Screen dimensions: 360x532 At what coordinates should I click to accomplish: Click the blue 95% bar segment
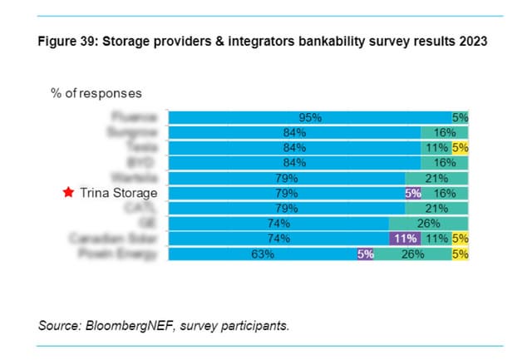point(309,118)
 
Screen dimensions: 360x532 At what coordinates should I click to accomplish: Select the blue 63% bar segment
point(263,254)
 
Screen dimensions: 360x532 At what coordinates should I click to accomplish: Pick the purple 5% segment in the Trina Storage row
point(413,194)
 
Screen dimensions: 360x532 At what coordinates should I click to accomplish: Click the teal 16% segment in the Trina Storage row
point(446,194)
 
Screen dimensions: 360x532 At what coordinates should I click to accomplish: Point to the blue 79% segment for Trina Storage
point(287,194)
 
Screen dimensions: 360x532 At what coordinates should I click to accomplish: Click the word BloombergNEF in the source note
point(127,326)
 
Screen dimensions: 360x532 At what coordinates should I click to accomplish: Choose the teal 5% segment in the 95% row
point(461,118)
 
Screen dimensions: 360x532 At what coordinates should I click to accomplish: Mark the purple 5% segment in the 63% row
point(366,254)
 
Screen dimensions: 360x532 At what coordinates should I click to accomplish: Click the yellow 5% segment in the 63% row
point(461,254)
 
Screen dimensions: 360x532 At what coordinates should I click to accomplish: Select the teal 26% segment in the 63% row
point(412,254)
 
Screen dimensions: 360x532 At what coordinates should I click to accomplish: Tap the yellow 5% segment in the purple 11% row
point(461,239)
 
